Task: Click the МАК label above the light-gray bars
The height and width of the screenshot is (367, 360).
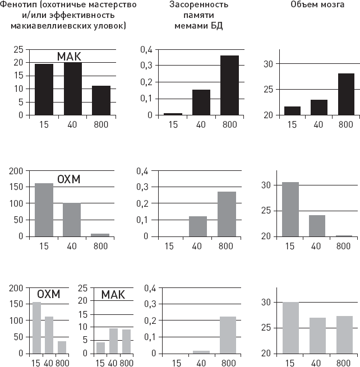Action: pos(113,295)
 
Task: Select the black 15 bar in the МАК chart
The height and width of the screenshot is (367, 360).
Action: pos(44,90)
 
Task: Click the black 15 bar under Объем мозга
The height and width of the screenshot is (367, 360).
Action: pos(292,110)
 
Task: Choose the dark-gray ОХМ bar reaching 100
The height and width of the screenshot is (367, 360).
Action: pos(71,220)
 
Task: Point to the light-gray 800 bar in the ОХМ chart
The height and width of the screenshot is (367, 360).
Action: pos(62,347)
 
